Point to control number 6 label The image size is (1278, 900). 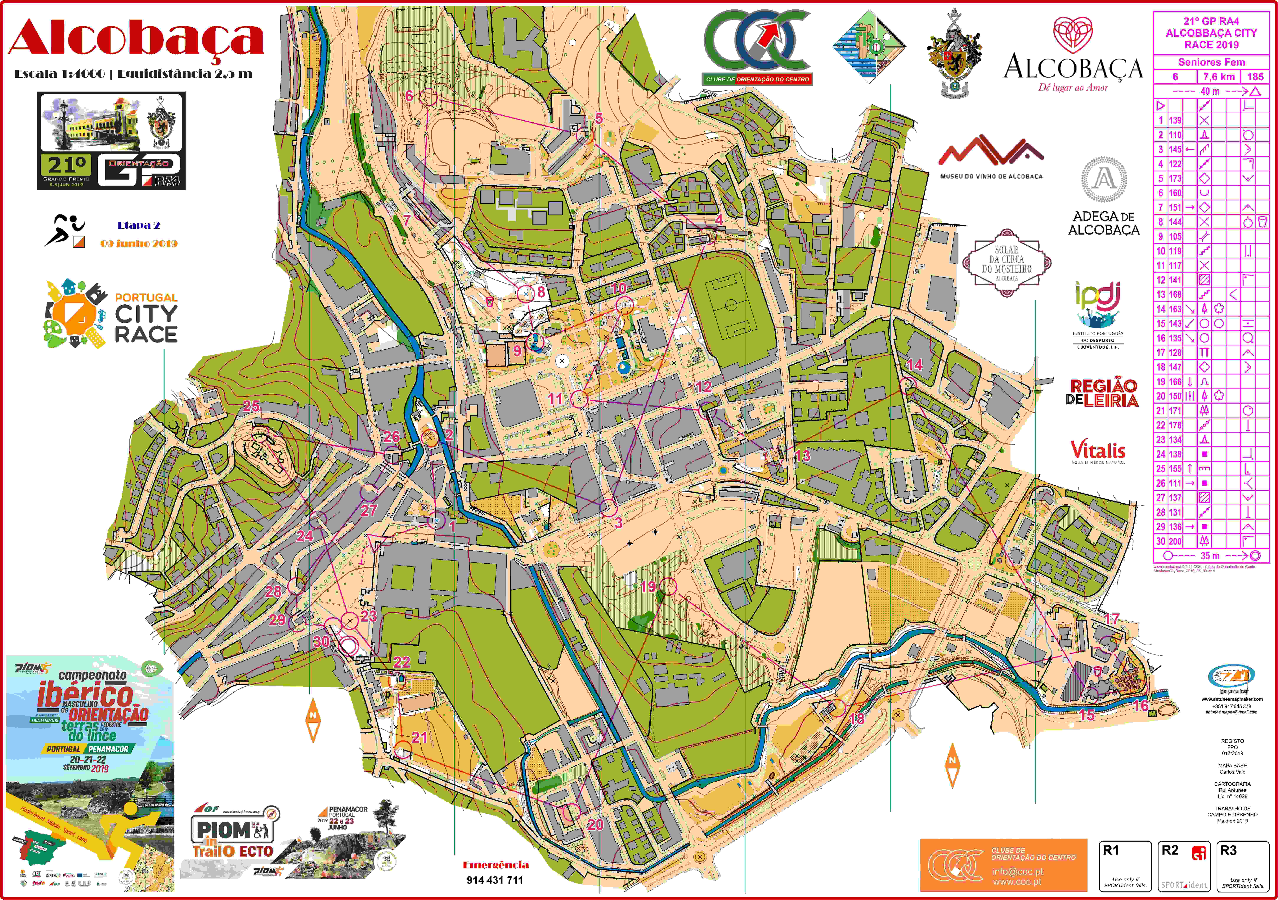(409, 96)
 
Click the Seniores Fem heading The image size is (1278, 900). (1211, 62)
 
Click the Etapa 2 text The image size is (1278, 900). (139, 225)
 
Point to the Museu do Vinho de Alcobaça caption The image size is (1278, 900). (991, 176)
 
